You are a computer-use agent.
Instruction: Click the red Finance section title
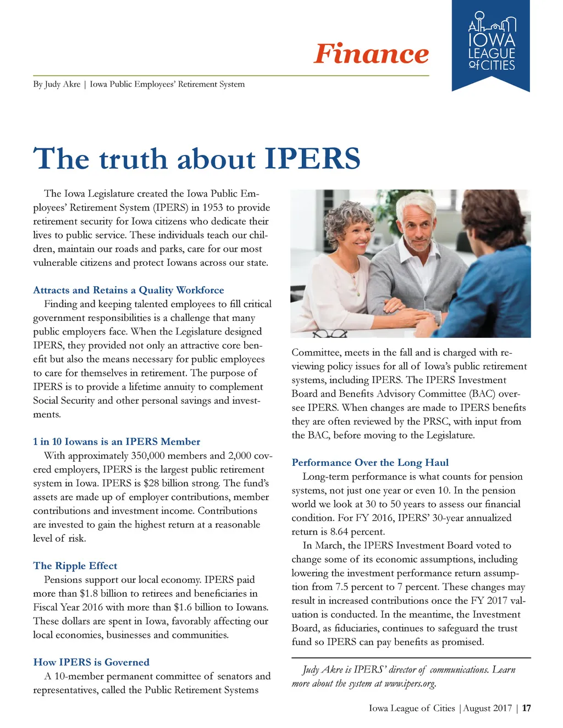tap(371, 54)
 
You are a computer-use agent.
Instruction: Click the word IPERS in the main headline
tap(312, 159)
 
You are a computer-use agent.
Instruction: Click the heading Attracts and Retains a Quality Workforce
tap(129, 290)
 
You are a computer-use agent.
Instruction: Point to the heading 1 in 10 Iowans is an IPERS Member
tap(117, 442)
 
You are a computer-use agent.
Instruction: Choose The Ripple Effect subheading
tap(75, 566)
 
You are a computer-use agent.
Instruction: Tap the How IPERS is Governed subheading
tap(91, 662)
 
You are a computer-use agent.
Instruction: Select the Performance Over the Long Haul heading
tap(370, 463)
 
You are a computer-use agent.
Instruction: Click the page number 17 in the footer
tap(526, 708)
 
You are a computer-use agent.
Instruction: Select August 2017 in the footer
tap(488, 708)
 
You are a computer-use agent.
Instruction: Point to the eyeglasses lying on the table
tap(329, 332)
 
